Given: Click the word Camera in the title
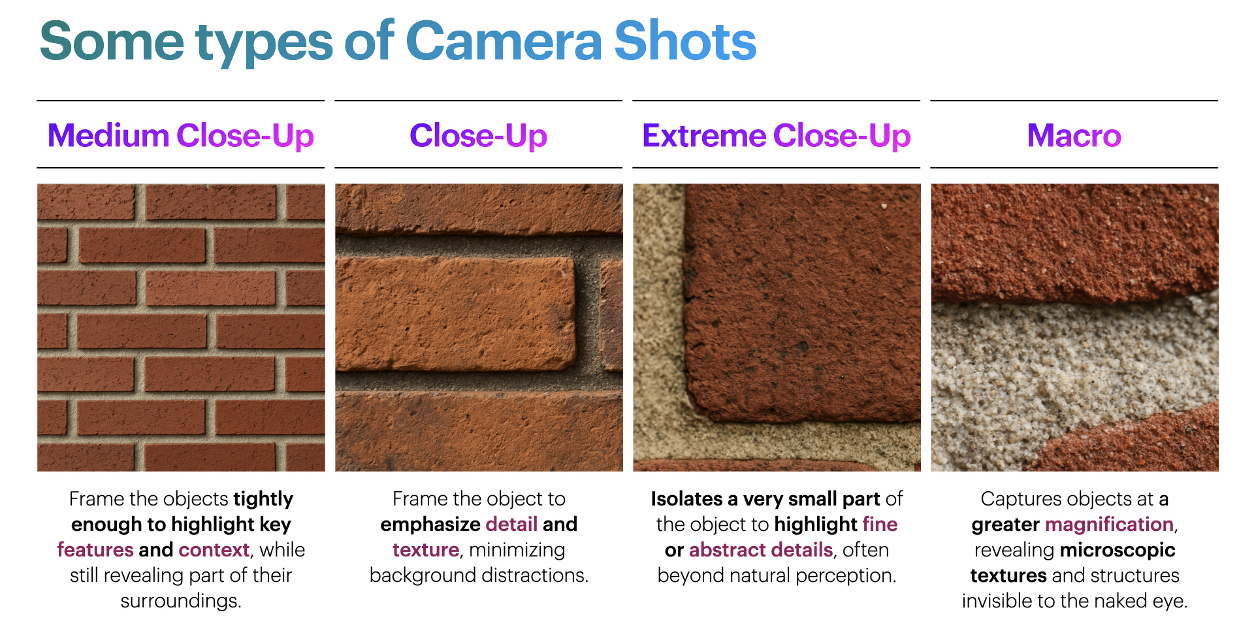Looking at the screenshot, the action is (x=504, y=41).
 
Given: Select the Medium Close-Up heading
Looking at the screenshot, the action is (x=181, y=136).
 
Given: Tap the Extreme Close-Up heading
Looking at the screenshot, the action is (x=777, y=136).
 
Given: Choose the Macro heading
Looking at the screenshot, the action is (x=1074, y=135).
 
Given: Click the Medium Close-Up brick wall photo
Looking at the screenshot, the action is (x=181, y=327).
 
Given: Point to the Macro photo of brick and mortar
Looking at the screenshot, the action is (x=1074, y=327).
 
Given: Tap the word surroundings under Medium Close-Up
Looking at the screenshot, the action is (x=181, y=601).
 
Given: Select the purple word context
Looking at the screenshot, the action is (x=214, y=550).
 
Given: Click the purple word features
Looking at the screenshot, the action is (x=95, y=550).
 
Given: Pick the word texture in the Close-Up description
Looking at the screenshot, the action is (x=426, y=550).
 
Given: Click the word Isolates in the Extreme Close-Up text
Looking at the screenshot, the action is (x=686, y=499).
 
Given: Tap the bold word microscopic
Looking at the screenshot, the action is (x=1117, y=550).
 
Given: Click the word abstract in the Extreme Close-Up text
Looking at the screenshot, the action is (x=727, y=550).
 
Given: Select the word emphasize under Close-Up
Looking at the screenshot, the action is (x=430, y=524).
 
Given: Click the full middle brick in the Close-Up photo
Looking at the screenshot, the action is (x=455, y=313).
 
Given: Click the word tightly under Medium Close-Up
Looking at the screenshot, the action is (x=263, y=499).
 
